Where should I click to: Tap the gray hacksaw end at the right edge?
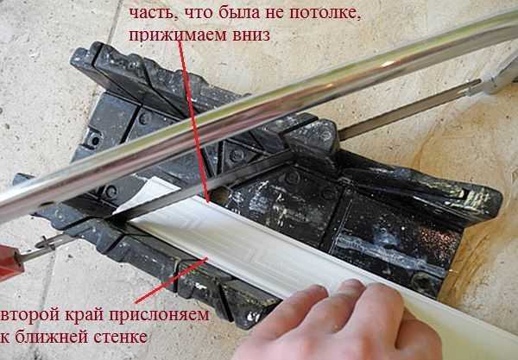point(499,79)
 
